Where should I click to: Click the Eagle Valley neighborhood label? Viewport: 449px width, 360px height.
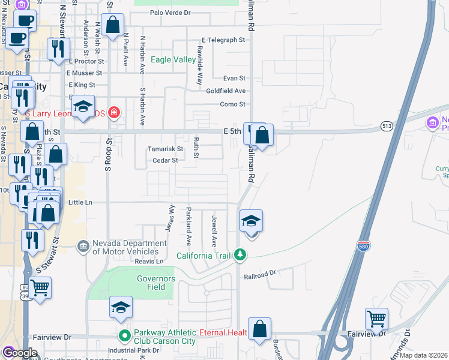[x=173, y=59]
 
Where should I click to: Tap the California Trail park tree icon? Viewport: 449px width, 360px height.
[x=241, y=255]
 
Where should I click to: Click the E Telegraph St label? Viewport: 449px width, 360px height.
[x=224, y=40]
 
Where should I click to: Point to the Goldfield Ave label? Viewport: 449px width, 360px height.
[x=226, y=91]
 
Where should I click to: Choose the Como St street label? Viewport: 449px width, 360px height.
[x=234, y=104]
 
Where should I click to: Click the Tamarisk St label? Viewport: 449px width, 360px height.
[x=166, y=149]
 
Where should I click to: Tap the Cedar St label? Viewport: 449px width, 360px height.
[x=166, y=161]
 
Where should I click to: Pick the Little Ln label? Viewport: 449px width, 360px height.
[x=80, y=203]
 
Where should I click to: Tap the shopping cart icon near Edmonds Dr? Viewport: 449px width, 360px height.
[x=376, y=319]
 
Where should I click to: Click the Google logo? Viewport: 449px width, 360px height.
[x=20, y=353]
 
